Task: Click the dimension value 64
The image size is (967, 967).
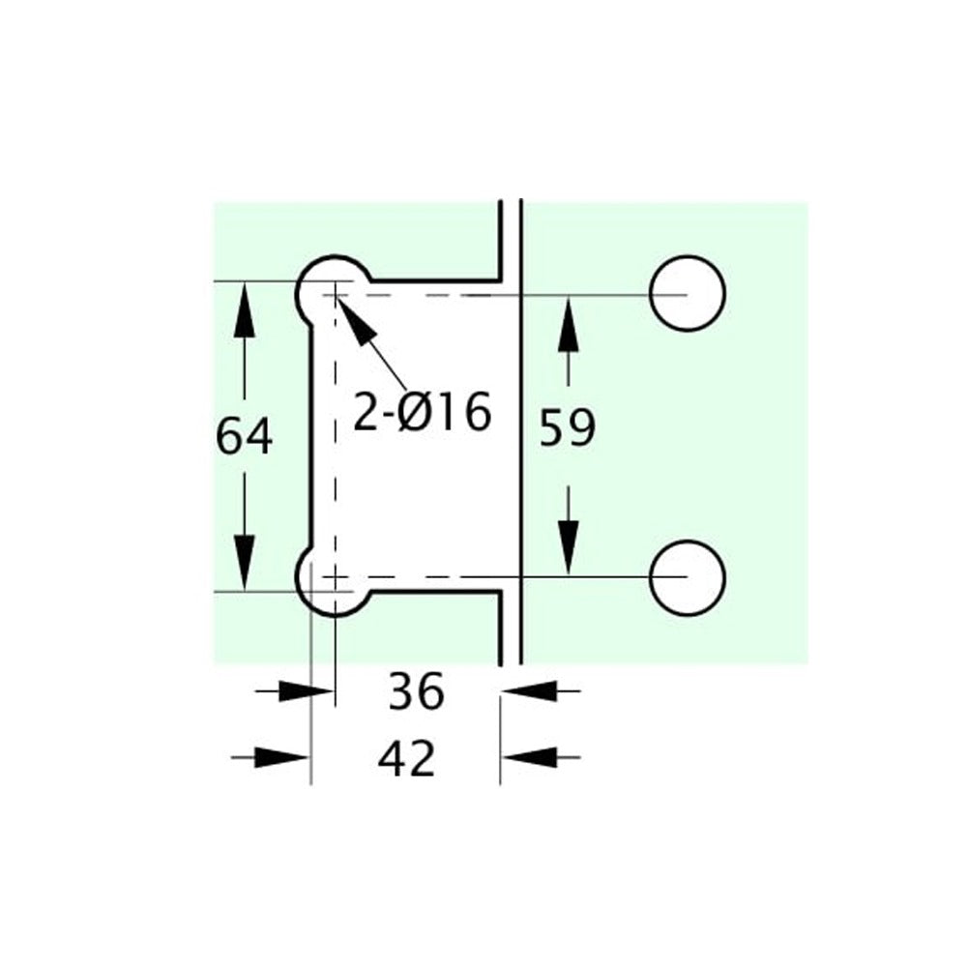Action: [x=245, y=436]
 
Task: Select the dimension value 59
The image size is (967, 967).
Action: [x=568, y=426]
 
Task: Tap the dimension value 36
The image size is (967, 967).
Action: [x=416, y=691]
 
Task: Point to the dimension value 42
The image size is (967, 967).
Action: [x=406, y=758]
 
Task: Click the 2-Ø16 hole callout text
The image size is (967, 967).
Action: [x=423, y=411]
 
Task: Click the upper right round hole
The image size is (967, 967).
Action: [x=687, y=293]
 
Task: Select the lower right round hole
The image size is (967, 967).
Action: [x=687, y=578]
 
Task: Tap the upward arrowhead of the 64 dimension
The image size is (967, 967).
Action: [x=245, y=309]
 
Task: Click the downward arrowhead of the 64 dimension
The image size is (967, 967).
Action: [x=245, y=563]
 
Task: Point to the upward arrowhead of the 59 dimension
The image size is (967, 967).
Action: [x=568, y=324]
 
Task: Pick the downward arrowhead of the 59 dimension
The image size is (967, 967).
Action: [x=568, y=547]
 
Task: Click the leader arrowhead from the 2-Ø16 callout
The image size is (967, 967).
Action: [x=355, y=321]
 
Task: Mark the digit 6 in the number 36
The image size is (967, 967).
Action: [x=430, y=691]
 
